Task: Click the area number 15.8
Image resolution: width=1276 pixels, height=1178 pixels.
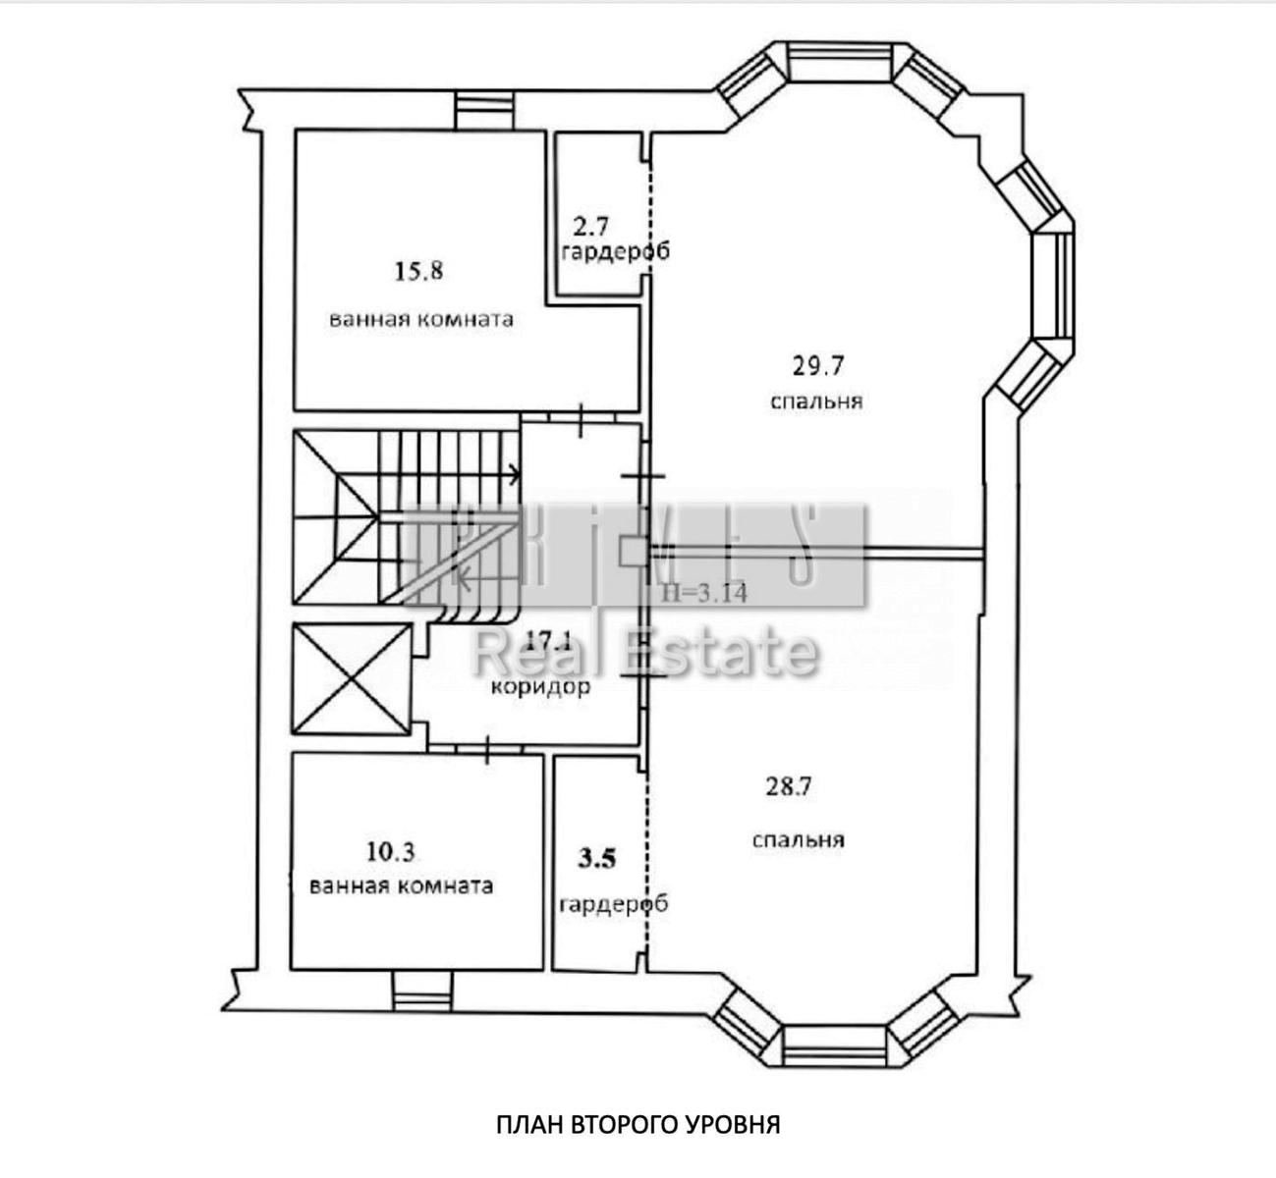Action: [418, 271]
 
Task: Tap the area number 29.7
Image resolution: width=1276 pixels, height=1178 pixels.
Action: [818, 366]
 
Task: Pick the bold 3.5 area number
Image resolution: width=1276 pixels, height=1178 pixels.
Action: [596, 859]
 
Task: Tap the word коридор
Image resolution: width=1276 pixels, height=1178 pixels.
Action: [541, 687]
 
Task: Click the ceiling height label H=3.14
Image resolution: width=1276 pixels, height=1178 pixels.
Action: [704, 592]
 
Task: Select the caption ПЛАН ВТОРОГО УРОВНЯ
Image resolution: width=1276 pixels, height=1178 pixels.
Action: [638, 1124]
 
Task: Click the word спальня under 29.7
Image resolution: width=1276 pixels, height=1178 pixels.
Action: [816, 402]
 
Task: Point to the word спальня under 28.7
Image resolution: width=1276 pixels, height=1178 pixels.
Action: [799, 840]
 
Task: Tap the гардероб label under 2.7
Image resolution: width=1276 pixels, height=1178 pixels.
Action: [615, 252]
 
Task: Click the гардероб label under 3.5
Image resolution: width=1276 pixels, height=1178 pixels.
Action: [613, 904]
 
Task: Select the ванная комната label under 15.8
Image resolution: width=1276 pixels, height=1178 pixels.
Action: [421, 320]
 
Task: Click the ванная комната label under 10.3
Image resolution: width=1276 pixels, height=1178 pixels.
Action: [401, 885]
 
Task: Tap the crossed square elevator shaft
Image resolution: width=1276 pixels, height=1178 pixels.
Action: [352, 679]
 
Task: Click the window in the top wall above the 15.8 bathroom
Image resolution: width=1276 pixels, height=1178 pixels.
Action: [485, 109]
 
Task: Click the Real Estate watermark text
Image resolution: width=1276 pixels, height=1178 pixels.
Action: [644, 652]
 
